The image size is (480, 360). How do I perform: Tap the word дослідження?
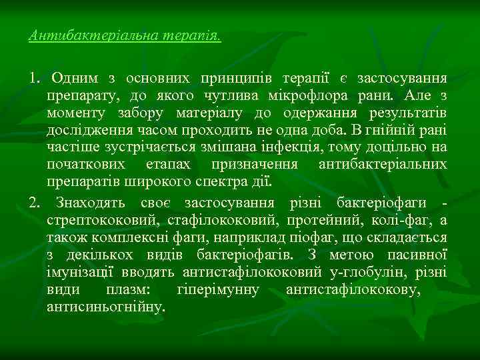[x=83, y=130]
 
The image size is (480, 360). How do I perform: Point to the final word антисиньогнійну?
[x=105, y=307]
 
